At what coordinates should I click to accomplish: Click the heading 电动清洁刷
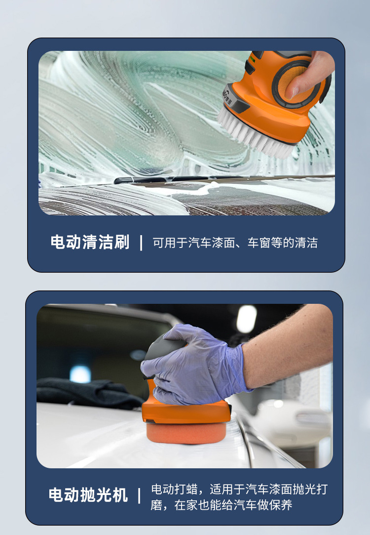90,242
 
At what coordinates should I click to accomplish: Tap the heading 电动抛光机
88,495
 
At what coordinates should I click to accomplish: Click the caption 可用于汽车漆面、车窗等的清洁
235,243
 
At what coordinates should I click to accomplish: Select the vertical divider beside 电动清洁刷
141,243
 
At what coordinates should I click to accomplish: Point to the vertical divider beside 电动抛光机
139,495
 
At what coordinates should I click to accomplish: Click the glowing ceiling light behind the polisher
246,319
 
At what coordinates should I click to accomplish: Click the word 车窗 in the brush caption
259,243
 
